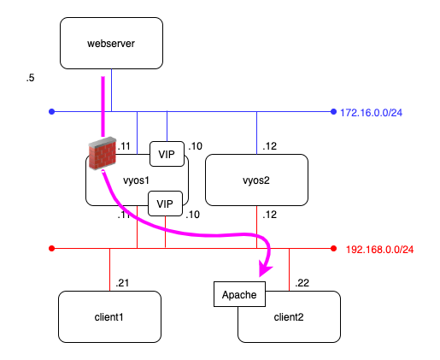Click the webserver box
[111, 43]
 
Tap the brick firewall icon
[103, 153]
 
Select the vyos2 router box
[256, 180]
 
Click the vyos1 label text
[136, 180]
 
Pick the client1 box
[109, 316]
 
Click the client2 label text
[289, 317]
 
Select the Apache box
[239, 294]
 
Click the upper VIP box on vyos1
[167, 154]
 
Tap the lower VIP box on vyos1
[165, 204]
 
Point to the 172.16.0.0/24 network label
[372, 113]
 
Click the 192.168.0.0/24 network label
[379, 250]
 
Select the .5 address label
[30, 78]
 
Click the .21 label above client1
[122, 283]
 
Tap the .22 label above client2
[302, 283]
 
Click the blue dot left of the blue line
[51, 111]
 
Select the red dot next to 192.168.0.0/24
[333, 249]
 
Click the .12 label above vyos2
[270, 146]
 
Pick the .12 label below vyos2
[270, 215]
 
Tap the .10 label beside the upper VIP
[196, 146]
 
